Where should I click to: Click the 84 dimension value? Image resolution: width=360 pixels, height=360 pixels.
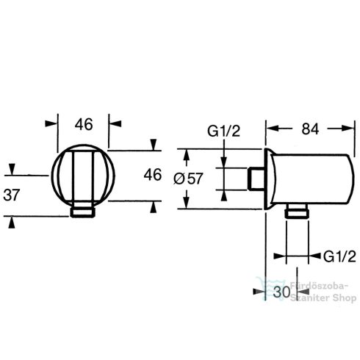pyautogui.click(x=310, y=129)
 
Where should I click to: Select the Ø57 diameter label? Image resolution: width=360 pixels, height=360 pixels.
pyautogui.click(x=188, y=179)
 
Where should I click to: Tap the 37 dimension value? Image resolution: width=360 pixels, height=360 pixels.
pyautogui.click(x=12, y=195)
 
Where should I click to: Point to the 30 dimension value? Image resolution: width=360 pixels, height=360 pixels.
pyautogui.click(x=281, y=292)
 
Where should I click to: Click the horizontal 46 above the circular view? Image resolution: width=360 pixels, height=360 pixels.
pyautogui.click(x=84, y=124)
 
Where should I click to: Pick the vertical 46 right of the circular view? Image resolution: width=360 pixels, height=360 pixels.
pyautogui.click(x=153, y=175)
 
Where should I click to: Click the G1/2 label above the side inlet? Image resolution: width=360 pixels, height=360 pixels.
pyautogui.click(x=223, y=131)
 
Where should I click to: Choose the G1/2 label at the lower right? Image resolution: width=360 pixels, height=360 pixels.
pyautogui.click(x=339, y=256)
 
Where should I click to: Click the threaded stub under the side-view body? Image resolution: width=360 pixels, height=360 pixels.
pyautogui.click(x=297, y=211)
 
